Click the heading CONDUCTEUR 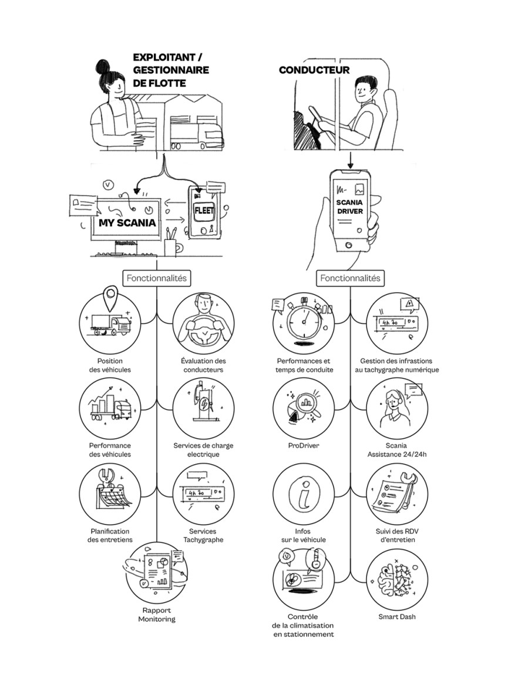click(x=314, y=71)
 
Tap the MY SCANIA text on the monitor click(x=127, y=223)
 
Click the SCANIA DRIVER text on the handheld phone click(x=350, y=207)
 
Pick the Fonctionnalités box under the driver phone click(x=350, y=278)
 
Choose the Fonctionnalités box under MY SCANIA click(x=156, y=278)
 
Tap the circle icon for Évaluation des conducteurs click(x=203, y=322)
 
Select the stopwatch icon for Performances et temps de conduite click(x=304, y=322)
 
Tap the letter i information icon click(x=304, y=494)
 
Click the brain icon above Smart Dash click(x=397, y=579)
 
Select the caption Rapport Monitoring click(x=157, y=614)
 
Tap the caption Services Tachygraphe click(x=203, y=535)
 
